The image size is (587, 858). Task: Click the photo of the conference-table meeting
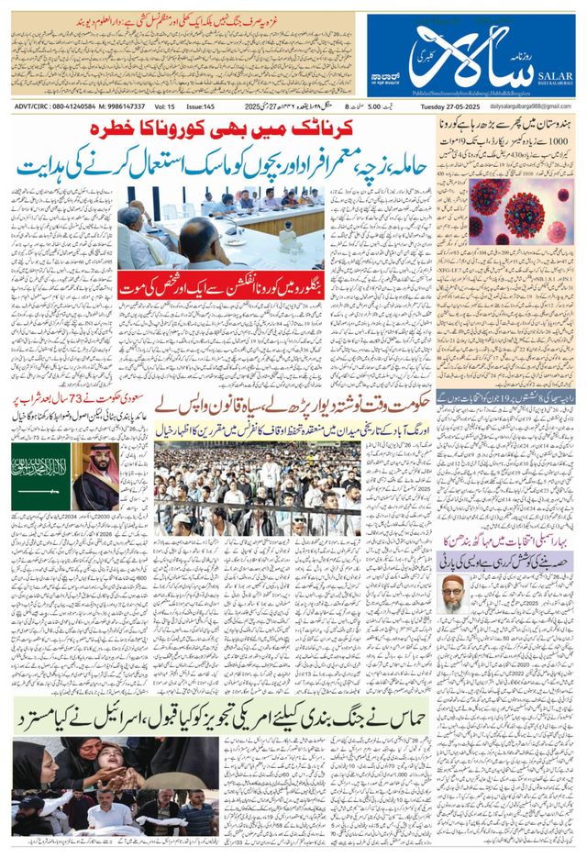tap(220, 228)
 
